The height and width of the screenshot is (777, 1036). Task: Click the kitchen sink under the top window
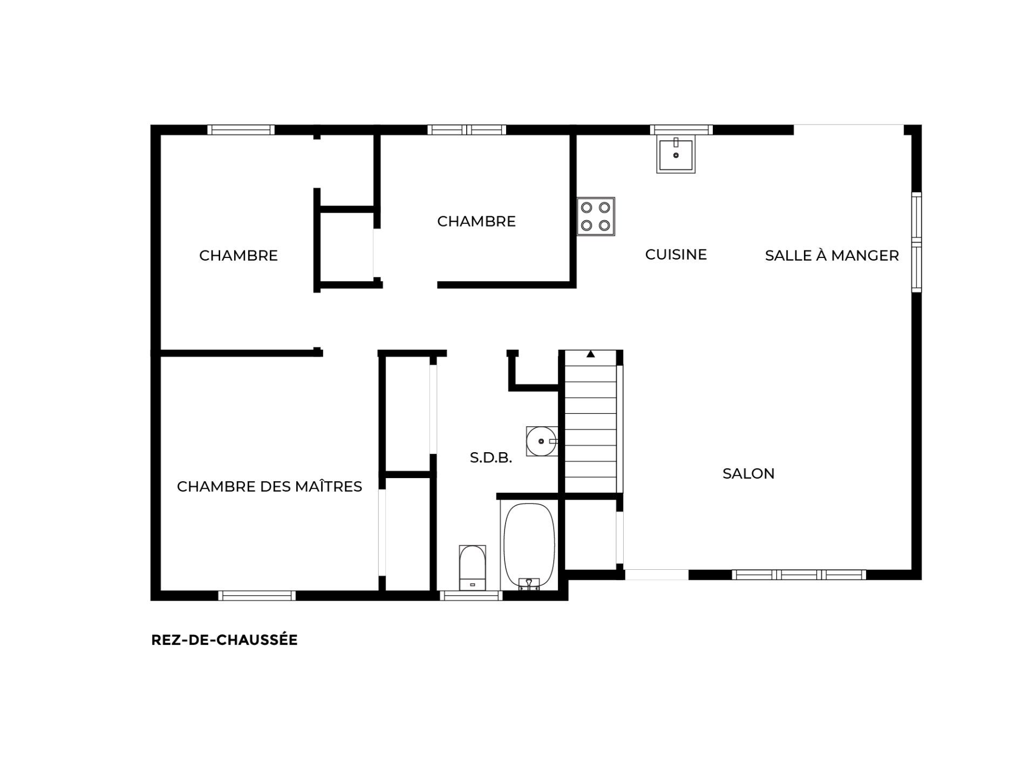pyautogui.click(x=676, y=154)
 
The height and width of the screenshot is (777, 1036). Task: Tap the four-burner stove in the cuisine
pyautogui.click(x=596, y=216)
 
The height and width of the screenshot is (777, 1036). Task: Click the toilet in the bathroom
pyautogui.click(x=472, y=568)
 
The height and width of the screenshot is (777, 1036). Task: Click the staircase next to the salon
pyautogui.click(x=591, y=421)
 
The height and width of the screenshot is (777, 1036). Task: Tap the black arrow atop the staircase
pyautogui.click(x=591, y=354)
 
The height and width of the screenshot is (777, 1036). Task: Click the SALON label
pyautogui.click(x=748, y=474)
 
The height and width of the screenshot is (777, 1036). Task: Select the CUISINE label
pyautogui.click(x=676, y=255)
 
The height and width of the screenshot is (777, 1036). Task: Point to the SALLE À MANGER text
pyautogui.click(x=832, y=255)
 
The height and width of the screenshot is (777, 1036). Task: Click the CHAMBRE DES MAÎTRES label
pyautogui.click(x=269, y=487)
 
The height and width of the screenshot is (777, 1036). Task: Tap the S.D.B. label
pyautogui.click(x=491, y=458)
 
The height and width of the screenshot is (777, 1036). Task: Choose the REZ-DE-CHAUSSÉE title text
pyautogui.click(x=224, y=640)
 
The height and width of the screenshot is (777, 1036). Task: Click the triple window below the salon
pyautogui.click(x=799, y=575)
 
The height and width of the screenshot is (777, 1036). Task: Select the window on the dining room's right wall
pyautogui.click(x=916, y=242)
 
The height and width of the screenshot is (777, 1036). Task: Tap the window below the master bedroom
pyautogui.click(x=257, y=596)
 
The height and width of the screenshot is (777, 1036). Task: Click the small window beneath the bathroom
pyautogui.click(x=471, y=596)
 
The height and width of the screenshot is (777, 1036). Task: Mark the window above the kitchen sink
pyautogui.click(x=681, y=129)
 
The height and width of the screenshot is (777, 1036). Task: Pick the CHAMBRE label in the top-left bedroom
pyautogui.click(x=238, y=256)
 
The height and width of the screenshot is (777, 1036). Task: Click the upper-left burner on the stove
pyautogui.click(x=587, y=207)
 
